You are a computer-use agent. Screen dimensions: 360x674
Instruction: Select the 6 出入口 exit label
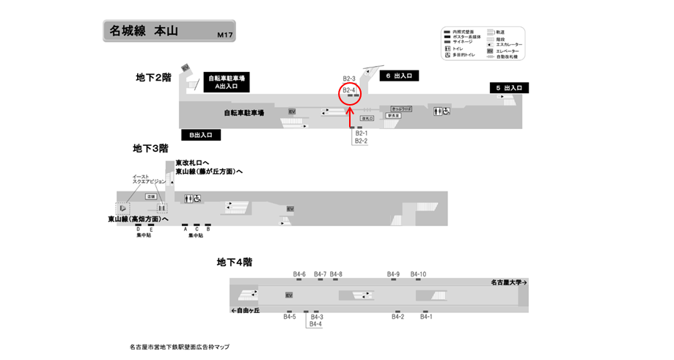coord(402,76)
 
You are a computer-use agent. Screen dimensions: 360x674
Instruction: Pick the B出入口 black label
coord(200,135)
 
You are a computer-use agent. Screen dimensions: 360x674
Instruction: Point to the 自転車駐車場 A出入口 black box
coord(227,82)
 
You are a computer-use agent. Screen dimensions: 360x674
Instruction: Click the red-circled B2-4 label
coord(349,89)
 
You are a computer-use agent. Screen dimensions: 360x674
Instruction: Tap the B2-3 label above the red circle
coord(349,78)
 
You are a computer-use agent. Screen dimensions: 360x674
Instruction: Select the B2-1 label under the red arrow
coord(361,133)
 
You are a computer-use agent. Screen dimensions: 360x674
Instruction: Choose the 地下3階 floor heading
coord(150,148)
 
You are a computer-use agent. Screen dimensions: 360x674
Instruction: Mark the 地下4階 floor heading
coord(235,262)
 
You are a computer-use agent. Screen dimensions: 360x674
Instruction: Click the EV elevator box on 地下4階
coord(289,295)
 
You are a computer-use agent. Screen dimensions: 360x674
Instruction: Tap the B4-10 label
coord(418,274)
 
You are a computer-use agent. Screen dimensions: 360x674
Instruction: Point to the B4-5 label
coord(290,317)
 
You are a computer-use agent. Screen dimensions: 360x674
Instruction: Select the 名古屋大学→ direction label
coord(509,282)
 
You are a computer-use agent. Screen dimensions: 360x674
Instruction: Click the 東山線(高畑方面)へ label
coord(138,218)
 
